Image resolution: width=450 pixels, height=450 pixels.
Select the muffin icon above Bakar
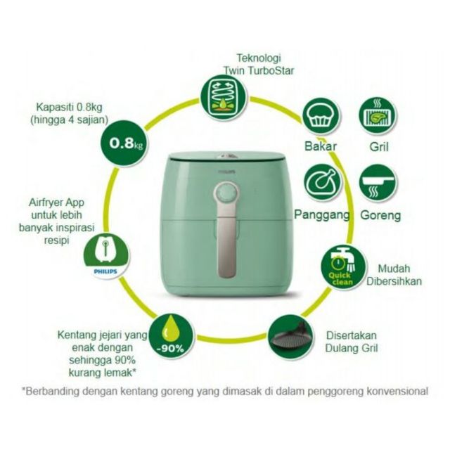[x=321, y=117]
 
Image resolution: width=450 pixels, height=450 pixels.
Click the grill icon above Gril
[x=378, y=115]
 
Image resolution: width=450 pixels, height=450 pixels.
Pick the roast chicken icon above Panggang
[x=323, y=183]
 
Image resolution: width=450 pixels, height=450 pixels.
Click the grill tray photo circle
[x=291, y=338]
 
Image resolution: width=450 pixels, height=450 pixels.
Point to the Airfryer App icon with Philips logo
[x=105, y=255]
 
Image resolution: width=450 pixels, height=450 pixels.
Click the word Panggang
[x=322, y=215]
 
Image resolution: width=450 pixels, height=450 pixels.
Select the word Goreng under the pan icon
[x=380, y=215]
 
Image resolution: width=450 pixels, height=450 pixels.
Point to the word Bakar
[x=321, y=146]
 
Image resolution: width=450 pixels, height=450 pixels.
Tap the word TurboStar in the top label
[x=271, y=70]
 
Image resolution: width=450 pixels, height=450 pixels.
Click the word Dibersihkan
[x=394, y=281]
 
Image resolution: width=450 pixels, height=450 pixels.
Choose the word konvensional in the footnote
[x=398, y=391]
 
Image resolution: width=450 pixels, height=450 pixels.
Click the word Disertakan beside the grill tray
[x=352, y=335]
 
